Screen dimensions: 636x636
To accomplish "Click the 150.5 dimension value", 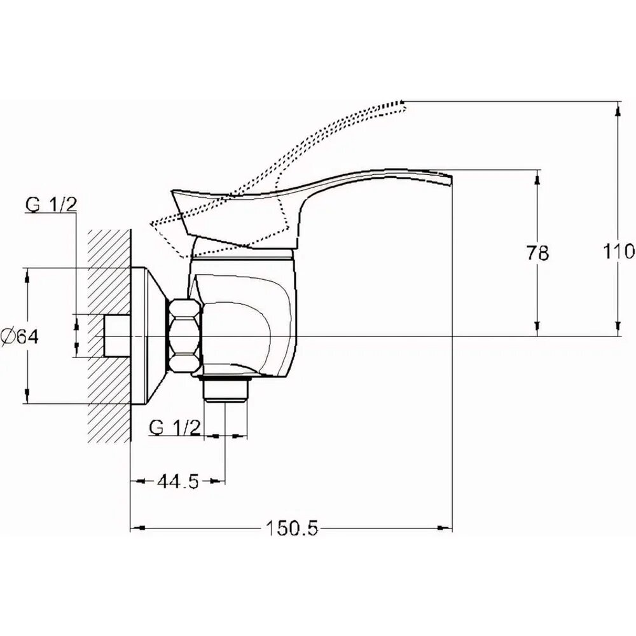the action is (x=292, y=528).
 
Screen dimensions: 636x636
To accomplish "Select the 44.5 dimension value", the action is (x=179, y=481).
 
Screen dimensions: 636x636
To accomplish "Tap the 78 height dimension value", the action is (x=537, y=252).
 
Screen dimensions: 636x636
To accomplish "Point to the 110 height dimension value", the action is (x=619, y=252).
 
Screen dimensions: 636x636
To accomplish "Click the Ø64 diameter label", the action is (x=20, y=336).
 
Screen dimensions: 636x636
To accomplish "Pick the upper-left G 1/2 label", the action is (x=51, y=204).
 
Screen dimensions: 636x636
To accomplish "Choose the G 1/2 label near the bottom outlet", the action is (x=175, y=427).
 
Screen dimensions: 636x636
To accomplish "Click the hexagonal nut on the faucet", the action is (x=184, y=336).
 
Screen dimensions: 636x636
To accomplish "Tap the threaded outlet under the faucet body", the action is (x=226, y=389).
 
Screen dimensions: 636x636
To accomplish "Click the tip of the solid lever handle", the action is (x=451, y=180).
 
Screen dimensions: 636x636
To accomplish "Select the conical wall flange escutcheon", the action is (x=148, y=336).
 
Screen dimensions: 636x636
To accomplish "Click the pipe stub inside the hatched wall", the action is (x=117, y=336).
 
